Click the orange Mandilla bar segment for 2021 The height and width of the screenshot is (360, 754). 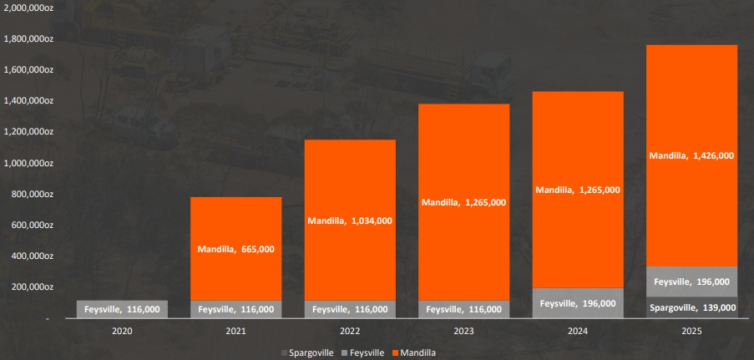pyautogui.click(x=236, y=249)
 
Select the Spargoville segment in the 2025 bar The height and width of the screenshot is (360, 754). pyautogui.click(x=692, y=307)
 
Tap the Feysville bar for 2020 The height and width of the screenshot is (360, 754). pyautogui.click(x=122, y=309)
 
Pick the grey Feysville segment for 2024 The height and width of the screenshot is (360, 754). pyautogui.click(x=578, y=303)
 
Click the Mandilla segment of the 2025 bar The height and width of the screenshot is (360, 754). pyautogui.click(x=692, y=155)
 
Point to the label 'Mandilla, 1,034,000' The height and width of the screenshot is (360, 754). pyautogui.click(x=350, y=221)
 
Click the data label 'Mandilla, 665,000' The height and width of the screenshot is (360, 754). pyautogui.click(x=236, y=249)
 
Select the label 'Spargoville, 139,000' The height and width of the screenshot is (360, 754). pyautogui.click(x=692, y=307)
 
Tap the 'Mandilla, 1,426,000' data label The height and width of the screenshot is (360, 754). pyautogui.click(x=692, y=155)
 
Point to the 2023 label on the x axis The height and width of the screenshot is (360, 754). pyautogui.click(x=464, y=331)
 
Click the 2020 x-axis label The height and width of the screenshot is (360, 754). pyautogui.click(x=122, y=331)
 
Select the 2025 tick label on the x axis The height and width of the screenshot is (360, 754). pyautogui.click(x=692, y=331)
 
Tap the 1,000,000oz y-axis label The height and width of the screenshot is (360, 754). pyautogui.click(x=28, y=163)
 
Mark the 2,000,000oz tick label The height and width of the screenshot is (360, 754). pyautogui.click(x=28, y=8)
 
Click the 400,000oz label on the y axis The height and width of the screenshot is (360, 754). pyautogui.click(x=32, y=256)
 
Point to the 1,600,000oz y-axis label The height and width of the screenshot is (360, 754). pyautogui.click(x=28, y=70)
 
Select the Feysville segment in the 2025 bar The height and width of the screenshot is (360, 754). pyautogui.click(x=692, y=281)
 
